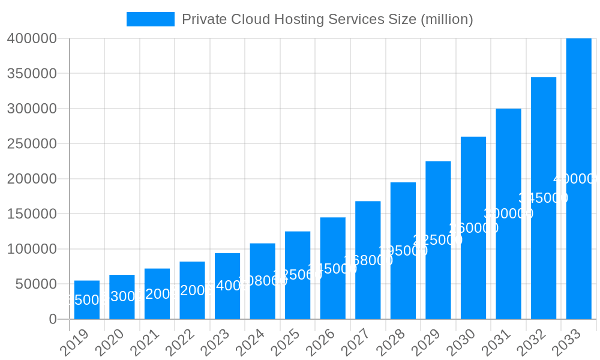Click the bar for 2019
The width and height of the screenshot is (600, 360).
(x=87, y=299)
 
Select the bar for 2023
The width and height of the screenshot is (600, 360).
(x=227, y=286)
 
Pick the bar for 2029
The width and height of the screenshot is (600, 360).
(x=438, y=240)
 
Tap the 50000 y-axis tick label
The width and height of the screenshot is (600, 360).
(x=36, y=284)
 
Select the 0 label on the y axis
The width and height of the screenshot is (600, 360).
(x=53, y=319)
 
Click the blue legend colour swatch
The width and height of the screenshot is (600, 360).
(x=150, y=19)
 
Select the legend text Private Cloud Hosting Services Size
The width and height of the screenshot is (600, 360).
(x=327, y=19)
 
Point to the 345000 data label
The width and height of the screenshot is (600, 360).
(x=543, y=198)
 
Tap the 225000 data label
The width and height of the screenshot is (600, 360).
(x=438, y=240)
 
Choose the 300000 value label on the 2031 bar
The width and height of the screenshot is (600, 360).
(x=508, y=214)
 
